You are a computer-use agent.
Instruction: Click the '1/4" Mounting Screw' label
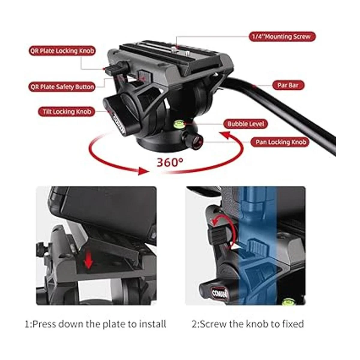pos(282,36)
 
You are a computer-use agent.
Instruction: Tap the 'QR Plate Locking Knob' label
pos(62,51)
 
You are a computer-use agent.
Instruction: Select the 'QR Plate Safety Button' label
pos(62,87)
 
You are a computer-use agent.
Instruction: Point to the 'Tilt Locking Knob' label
pos(67,112)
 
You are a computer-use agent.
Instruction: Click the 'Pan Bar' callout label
pos(288,85)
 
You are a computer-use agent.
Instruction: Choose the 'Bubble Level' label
pos(246,124)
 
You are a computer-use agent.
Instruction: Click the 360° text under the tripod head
pos(170,162)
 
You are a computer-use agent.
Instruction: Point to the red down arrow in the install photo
pos(88,259)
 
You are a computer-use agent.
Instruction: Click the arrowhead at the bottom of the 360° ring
pos(143,171)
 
